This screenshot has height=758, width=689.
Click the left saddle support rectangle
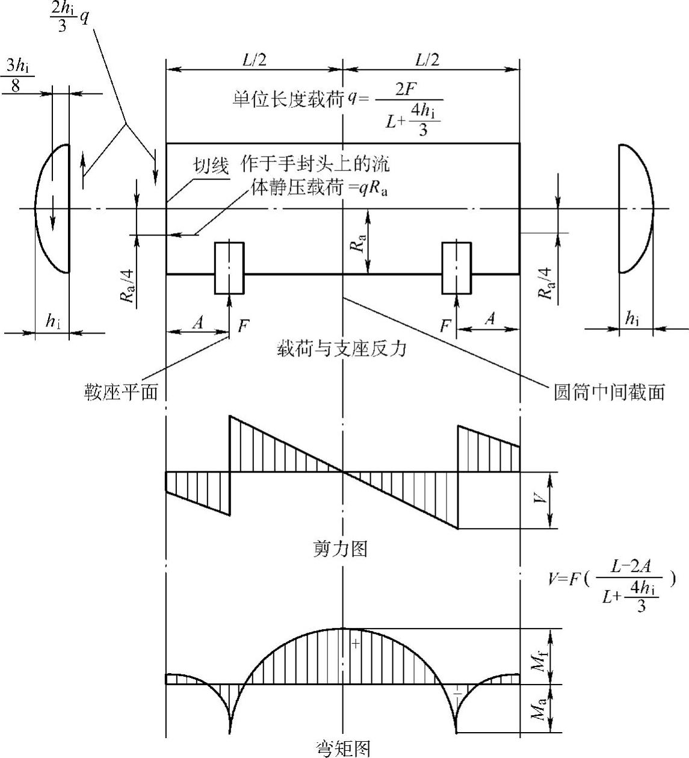tap(229, 268)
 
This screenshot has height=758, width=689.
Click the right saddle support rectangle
tap(457, 268)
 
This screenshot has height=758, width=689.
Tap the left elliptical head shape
tap(53, 208)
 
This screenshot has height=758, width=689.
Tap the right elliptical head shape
tap(636, 208)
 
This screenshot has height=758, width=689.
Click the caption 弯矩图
tap(343, 748)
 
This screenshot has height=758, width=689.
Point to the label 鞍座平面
tap(122, 393)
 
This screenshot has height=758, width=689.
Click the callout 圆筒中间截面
tap(609, 393)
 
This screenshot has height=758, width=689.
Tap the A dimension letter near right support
tap(490, 320)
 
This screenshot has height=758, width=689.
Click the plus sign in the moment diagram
tap(355, 644)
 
